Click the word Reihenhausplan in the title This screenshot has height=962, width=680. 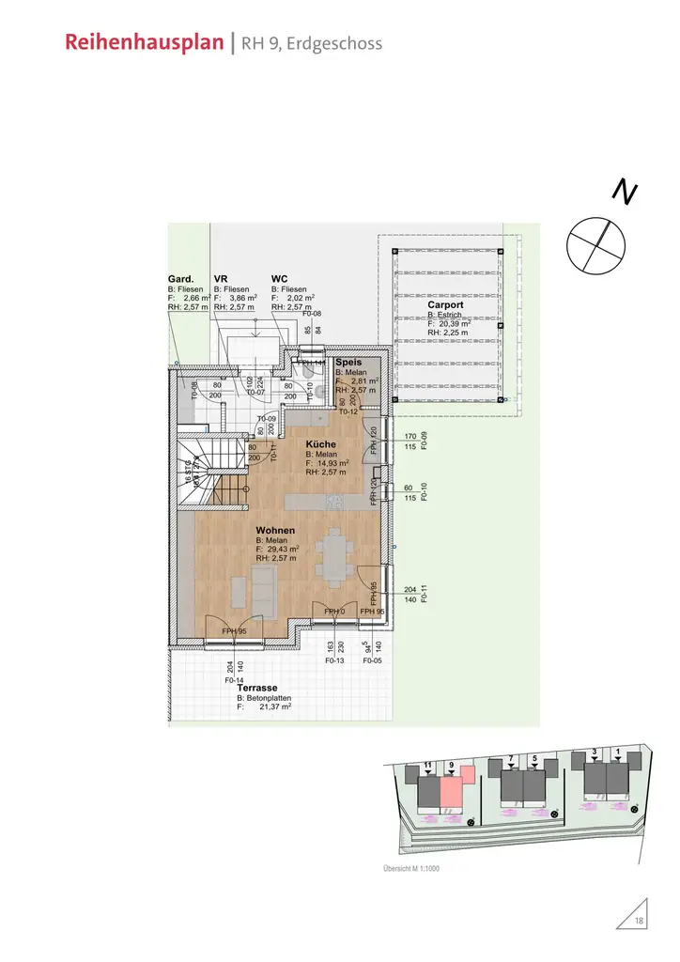tap(146, 43)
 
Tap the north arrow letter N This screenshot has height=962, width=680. tap(625, 192)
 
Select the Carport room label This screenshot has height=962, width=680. tap(445, 305)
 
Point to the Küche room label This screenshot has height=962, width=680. tap(320, 443)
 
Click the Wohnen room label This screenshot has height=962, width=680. tap(275, 531)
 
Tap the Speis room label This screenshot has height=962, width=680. tap(348, 362)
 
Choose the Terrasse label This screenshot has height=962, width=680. tap(256, 688)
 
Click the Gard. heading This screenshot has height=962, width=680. tap(180, 279)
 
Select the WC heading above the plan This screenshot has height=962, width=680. tap(279, 279)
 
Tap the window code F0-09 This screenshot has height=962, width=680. tap(424, 441)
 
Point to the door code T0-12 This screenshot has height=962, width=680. tap(348, 411)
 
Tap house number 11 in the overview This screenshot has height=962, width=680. tap(427, 767)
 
